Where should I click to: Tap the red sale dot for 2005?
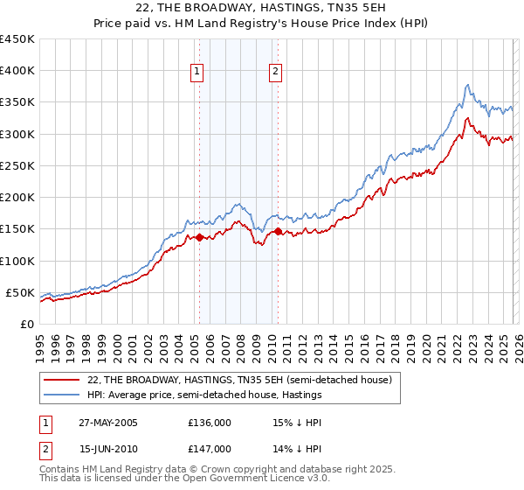point(199,237)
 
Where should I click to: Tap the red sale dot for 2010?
point(278,231)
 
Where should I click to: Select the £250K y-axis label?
point(17,165)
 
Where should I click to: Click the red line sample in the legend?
point(62,380)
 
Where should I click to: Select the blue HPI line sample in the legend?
point(62,395)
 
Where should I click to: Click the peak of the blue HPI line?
point(468,85)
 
